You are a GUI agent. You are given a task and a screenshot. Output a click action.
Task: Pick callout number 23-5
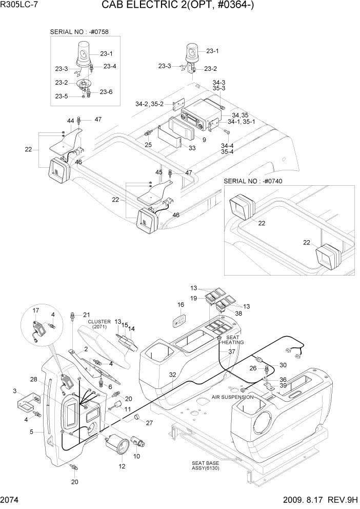(62, 96)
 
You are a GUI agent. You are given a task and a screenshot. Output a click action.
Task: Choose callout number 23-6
(106, 92)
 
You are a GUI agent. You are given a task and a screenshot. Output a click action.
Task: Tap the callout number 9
(204, 139)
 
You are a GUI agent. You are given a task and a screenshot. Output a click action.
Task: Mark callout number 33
(192, 149)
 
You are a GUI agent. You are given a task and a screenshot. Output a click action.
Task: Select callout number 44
(71, 121)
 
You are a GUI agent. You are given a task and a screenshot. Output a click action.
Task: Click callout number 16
(181, 305)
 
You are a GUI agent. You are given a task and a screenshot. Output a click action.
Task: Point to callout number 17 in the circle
(36, 310)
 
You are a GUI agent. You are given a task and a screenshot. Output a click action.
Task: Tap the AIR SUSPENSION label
(231, 397)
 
